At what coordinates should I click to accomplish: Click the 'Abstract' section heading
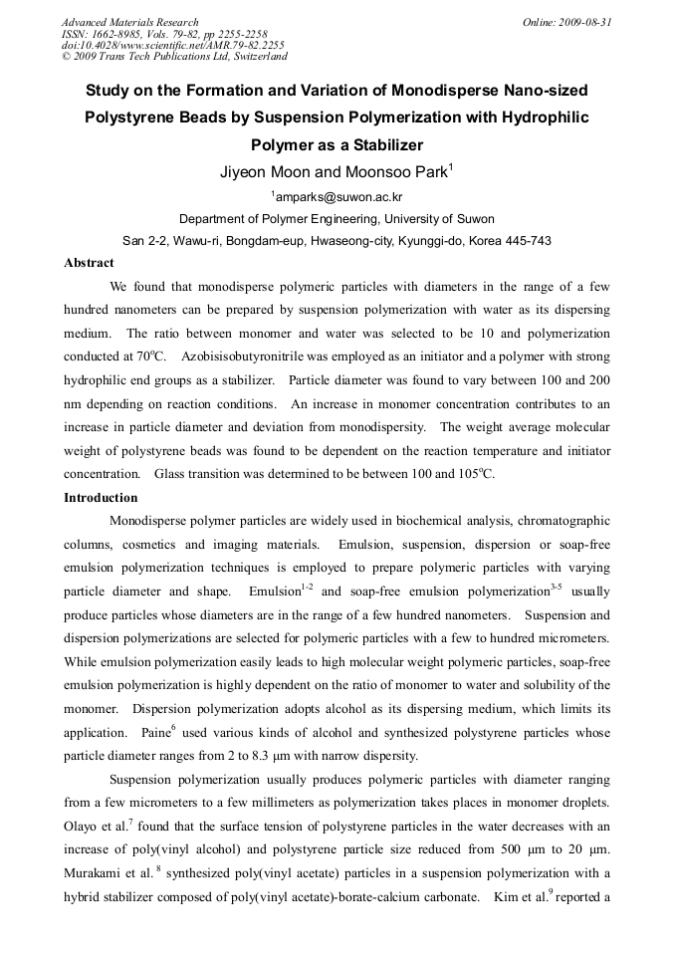pos(90,264)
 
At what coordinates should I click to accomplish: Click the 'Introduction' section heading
pos(101,498)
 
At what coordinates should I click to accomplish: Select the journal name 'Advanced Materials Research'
pos(129,22)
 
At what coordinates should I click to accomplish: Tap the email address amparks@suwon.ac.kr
pos(337,197)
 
